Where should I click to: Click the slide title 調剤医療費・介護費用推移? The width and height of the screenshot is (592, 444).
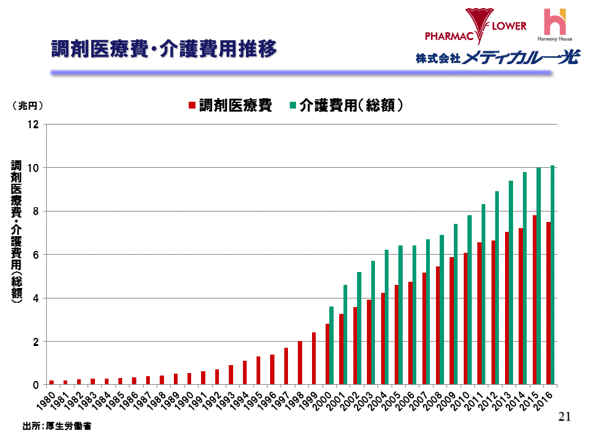click(x=163, y=49)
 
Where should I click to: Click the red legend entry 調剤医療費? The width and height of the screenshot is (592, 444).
click(x=230, y=105)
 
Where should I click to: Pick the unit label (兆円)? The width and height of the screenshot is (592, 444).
click(x=27, y=105)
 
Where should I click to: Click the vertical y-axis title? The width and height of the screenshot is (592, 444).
click(x=16, y=231)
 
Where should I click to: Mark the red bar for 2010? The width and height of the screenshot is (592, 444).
click(x=466, y=318)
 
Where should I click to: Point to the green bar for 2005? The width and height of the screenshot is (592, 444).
click(x=401, y=314)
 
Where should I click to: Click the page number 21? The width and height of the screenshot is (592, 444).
click(x=564, y=417)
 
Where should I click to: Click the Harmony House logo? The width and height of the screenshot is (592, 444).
click(x=554, y=25)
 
